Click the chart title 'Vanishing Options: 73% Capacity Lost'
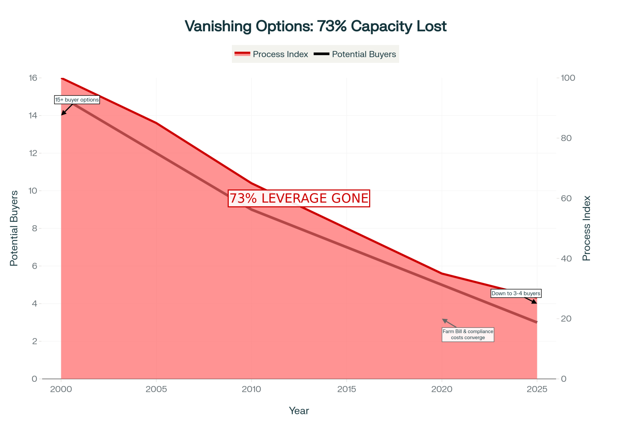[315, 26]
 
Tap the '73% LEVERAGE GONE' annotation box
[299, 198]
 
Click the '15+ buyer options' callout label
[77, 100]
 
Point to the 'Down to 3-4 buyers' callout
[516, 293]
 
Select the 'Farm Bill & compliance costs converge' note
[468, 334]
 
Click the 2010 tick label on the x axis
[251, 389]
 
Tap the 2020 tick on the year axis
[442, 389]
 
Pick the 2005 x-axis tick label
[156, 389]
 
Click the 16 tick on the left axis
[33, 78]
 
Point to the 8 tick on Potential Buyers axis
[34, 228]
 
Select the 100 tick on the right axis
[568, 78]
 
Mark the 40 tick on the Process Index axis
[566, 258]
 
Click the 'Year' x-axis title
[299, 411]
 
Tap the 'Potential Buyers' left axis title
[14, 228]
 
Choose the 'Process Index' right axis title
[587, 228]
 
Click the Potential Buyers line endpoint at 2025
[537, 322]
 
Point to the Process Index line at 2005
[156, 123]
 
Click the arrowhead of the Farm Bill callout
[443, 320]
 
